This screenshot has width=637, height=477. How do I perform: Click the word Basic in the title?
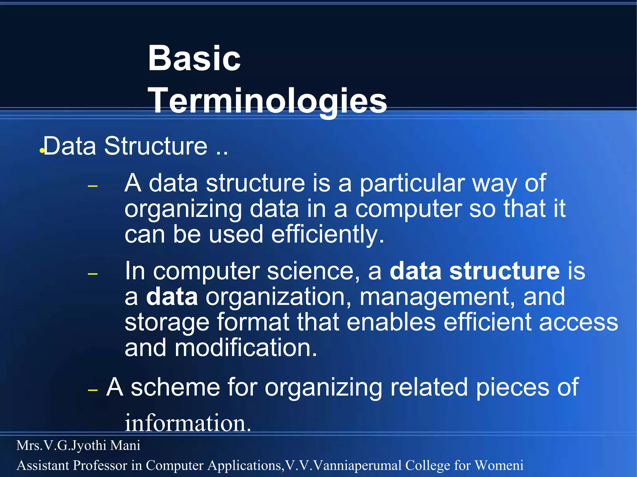pos(194,58)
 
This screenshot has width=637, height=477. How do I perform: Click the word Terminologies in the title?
pos(268,101)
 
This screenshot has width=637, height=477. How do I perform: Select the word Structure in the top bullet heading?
pos(156,146)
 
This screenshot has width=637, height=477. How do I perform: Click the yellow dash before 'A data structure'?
pos(93,187)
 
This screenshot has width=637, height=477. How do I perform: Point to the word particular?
pos(412,183)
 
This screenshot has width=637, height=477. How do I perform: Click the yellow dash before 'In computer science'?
pos(93,274)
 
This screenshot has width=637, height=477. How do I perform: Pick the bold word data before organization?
pos(172,297)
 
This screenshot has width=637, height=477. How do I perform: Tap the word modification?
pos(246,348)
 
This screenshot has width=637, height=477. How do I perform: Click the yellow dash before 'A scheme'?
pos(93,390)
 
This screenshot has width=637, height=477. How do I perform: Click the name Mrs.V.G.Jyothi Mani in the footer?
pos(78,445)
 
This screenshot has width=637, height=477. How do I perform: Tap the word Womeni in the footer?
pos(499,465)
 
